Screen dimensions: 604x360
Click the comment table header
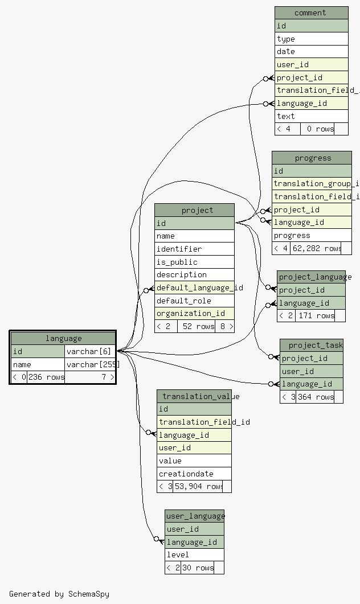pyautogui.click(x=311, y=13)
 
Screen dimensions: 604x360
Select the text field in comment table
pyautogui.click(x=311, y=116)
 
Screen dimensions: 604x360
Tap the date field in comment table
pyautogui.click(x=311, y=51)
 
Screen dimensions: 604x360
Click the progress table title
pyautogui.click(x=312, y=158)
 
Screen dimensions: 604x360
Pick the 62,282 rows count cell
pyautogui.click(x=316, y=248)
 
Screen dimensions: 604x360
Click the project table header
pyautogui.click(x=194, y=210)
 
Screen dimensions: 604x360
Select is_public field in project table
pyautogui.click(x=194, y=262)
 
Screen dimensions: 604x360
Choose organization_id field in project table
pyautogui.click(x=194, y=313)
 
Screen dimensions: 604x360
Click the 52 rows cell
pyautogui.click(x=197, y=327)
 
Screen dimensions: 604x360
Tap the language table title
pyautogui.click(x=63, y=338)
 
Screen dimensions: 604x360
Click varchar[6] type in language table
pyautogui.click(x=89, y=351)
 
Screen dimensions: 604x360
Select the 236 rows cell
pyautogui.click(x=46, y=377)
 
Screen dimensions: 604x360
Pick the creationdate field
pyautogui.click(x=194, y=474)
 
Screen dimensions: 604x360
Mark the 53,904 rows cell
pyautogui.click(x=198, y=486)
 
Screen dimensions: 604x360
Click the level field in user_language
pyautogui.click(x=194, y=554)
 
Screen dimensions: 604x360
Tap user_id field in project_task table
pyautogui.click(x=311, y=371)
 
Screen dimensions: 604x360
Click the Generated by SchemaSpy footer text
pyautogui.click(x=59, y=594)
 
